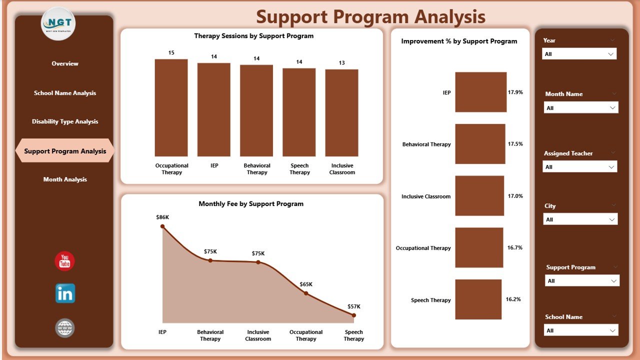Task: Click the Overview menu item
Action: pyautogui.click(x=65, y=63)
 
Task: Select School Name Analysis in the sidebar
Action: pyautogui.click(x=65, y=93)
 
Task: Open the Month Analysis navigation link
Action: pyautogui.click(x=65, y=179)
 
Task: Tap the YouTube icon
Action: pyautogui.click(x=64, y=261)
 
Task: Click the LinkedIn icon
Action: pyautogui.click(x=65, y=293)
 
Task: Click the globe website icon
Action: pyautogui.click(x=65, y=328)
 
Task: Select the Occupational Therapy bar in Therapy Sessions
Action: pyautogui.click(x=171, y=108)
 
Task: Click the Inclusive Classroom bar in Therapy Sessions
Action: pyautogui.click(x=341, y=113)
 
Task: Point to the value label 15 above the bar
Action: pyautogui.click(x=171, y=52)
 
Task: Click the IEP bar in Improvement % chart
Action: pyautogui.click(x=480, y=92)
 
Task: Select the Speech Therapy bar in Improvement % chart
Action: pyautogui.click(x=478, y=299)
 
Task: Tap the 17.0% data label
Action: pyautogui.click(x=515, y=196)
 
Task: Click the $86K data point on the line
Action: pyautogui.click(x=162, y=226)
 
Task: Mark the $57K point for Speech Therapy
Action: pyautogui.click(x=353, y=315)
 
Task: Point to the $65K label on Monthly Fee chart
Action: pyautogui.click(x=306, y=284)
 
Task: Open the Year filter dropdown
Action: pyautogui.click(x=579, y=54)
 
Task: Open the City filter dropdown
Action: pyautogui.click(x=580, y=219)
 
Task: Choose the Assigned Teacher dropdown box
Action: pyautogui.click(x=579, y=167)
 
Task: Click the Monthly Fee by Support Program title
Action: pyautogui.click(x=251, y=204)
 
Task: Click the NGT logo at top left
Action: pyautogui.click(x=58, y=23)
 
